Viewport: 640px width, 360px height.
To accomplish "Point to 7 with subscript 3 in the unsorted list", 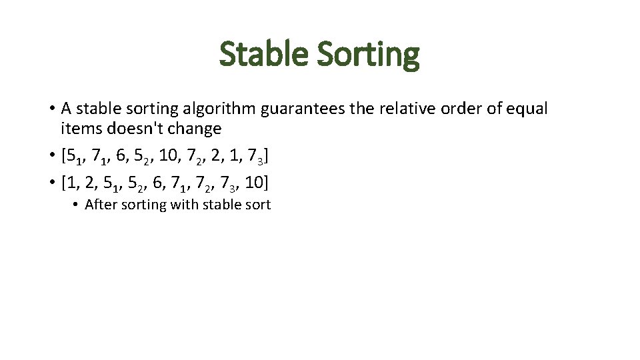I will [256, 157].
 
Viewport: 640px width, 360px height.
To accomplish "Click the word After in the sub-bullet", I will [99, 205].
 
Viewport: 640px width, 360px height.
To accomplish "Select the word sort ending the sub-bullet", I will [258, 205].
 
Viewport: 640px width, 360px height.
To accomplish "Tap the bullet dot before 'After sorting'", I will [77, 205].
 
